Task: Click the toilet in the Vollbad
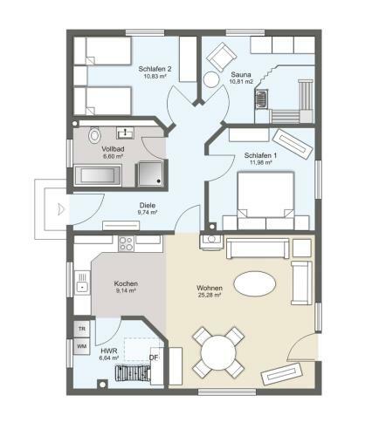coord(94,135)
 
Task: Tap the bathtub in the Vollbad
coord(98,175)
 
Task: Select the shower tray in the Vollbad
coord(150,174)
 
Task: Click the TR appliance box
coord(82,329)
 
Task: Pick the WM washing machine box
coord(82,346)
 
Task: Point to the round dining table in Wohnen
coord(218,352)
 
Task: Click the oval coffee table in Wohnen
coord(255,284)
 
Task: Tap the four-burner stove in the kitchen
coord(127,243)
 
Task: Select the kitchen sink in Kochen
coord(82,283)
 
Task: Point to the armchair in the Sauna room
coord(221,57)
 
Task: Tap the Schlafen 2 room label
coord(155,69)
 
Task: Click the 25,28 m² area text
coord(209,296)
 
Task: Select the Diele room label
coord(148,205)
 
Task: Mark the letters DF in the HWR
coord(154,358)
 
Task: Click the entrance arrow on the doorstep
coord(61,209)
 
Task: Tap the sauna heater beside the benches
coord(262,99)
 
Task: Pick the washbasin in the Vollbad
coord(125,133)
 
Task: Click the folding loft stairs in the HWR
coord(133,375)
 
